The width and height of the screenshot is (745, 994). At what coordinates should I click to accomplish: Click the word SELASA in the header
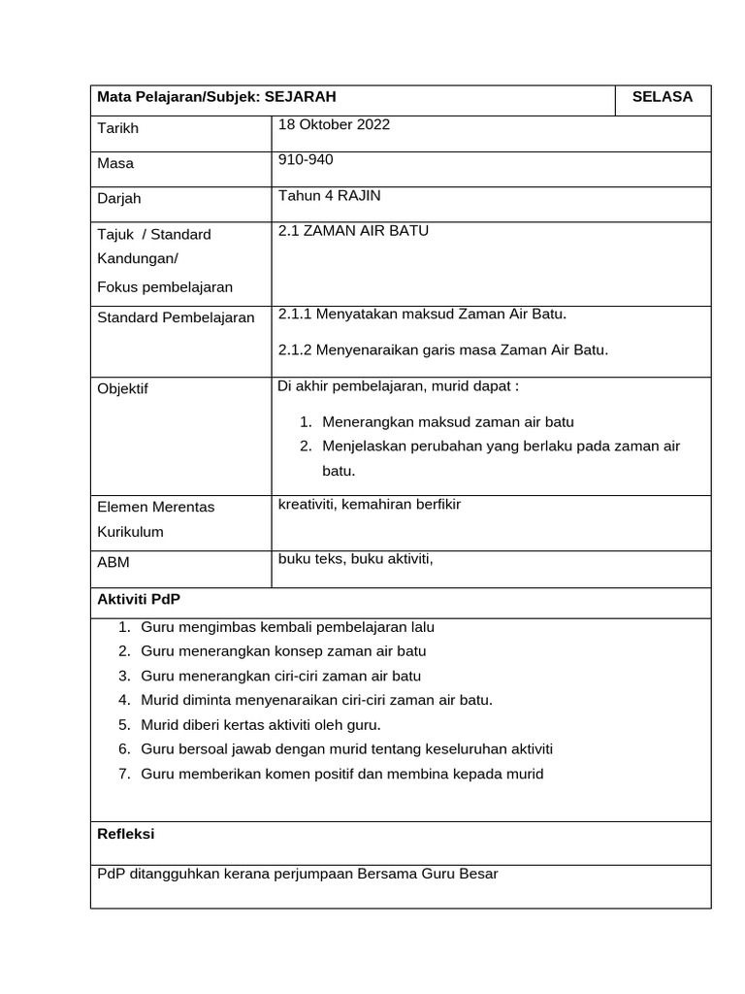click(662, 97)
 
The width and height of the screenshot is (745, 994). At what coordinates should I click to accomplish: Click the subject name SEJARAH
click(301, 97)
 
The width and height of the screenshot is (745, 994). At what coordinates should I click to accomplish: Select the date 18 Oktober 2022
click(334, 125)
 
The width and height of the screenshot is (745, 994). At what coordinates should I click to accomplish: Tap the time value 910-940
click(305, 160)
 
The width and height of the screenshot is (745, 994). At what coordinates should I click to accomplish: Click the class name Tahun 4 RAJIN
click(329, 195)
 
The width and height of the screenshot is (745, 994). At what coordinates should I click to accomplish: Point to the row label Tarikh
click(118, 129)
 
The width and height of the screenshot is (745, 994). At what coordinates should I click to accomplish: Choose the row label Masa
click(115, 164)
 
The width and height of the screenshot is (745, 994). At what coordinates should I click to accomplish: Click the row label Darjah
click(119, 199)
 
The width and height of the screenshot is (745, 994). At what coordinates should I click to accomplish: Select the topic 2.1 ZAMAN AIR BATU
click(353, 231)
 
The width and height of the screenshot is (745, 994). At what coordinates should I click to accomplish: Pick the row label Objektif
click(123, 389)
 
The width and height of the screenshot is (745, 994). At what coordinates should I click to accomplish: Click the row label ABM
click(113, 562)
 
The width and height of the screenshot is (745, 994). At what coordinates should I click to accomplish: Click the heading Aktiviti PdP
click(139, 600)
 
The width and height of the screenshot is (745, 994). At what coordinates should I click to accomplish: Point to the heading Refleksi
click(126, 834)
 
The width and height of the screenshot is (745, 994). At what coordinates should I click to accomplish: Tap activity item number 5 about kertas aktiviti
click(260, 724)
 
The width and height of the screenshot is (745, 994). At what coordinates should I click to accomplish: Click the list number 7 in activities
click(124, 775)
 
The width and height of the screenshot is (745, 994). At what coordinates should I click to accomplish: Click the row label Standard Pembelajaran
click(176, 317)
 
